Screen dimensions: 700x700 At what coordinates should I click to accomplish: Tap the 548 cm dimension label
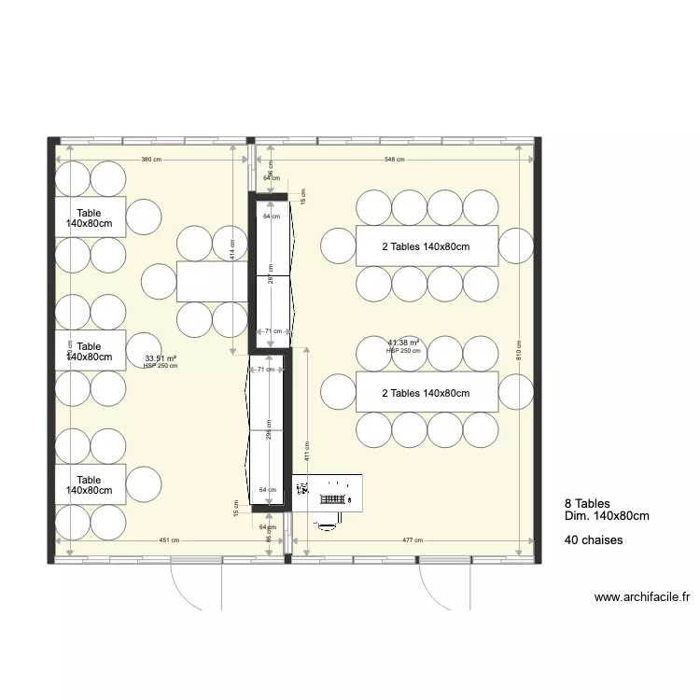pyautogui.click(x=395, y=160)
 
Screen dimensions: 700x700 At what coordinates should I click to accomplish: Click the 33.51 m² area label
pyautogui.click(x=161, y=357)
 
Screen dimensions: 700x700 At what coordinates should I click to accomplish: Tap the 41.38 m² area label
pyautogui.click(x=404, y=343)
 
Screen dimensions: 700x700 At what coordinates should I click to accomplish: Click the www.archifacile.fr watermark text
pyautogui.click(x=641, y=597)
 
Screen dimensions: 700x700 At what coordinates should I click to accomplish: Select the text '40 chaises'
pyautogui.click(x=594, y=540)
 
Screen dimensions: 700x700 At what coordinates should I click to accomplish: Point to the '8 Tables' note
pyautogui.click(x=587, y=504)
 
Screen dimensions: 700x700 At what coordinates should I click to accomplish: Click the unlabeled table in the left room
pyautogui.click(x=212, y=282)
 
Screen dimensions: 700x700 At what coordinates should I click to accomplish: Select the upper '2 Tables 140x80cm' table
pyautogui.click(x=427, y=246)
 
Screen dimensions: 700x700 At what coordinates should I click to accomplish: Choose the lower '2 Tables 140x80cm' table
pyautogui.click(x=427, y=393)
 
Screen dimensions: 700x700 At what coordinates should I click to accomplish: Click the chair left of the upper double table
pyautogui.click(x=338, y=246)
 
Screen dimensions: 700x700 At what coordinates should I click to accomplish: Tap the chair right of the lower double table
pyautogui.click(x=515, y=393)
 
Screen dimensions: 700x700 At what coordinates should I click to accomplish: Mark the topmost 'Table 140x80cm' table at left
pyautogui.click(x=90, y=217)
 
